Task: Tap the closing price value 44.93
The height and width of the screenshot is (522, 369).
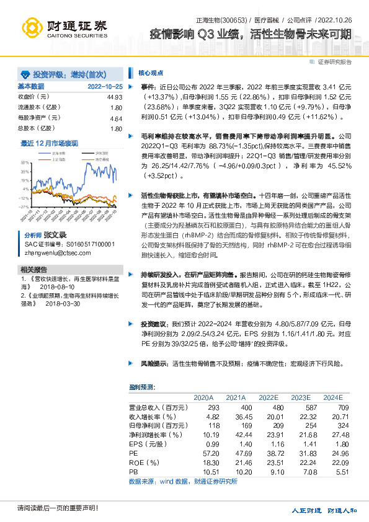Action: click(x=115, y=97)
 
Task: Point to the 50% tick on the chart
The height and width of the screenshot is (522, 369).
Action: click(x=24, y=161)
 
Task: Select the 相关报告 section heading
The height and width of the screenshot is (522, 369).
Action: click(x=33, y=270)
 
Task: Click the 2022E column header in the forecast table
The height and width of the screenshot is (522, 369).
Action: click(x=268, y=397)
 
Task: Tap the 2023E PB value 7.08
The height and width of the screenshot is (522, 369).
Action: click(x=301, y=472)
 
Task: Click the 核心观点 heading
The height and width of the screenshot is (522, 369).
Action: click(x=151, y=72)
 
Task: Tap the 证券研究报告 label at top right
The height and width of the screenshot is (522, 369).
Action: click(x=334, y=62)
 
